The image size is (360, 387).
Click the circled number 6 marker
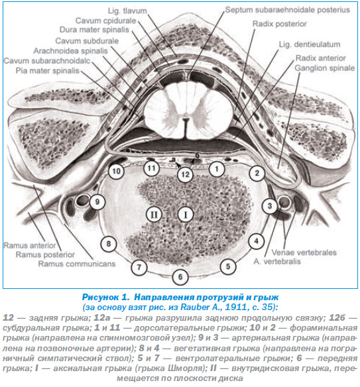[x=180, y=277]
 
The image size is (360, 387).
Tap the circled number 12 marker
[x=185, y=175]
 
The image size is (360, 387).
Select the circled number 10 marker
[x=116, y=171]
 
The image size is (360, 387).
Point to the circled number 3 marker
[x=270, y=206]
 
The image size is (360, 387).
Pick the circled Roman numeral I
[x=186, y=215]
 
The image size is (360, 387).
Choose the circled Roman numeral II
[x=154, y=215]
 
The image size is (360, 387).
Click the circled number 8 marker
[x=108, y=244]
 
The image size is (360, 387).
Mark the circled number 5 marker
[x=228, y=266]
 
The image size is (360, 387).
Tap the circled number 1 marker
[x=217, y=169]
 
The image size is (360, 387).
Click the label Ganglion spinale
[x=324, y=68]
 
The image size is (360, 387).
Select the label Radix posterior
[x=279, y=24]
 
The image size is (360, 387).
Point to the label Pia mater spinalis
[x=48, y=71]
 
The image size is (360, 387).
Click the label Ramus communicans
[x=77, y=264]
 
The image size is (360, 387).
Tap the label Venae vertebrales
[x=304, y=252]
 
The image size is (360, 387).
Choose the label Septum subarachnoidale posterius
[x=288, y=10]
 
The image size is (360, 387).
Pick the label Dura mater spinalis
[x=94, y=30]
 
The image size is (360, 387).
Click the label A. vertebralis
[x=277, y=261]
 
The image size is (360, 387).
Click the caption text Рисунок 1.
[x=106, y=297]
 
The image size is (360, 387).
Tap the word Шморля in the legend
[x=184, y=368]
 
